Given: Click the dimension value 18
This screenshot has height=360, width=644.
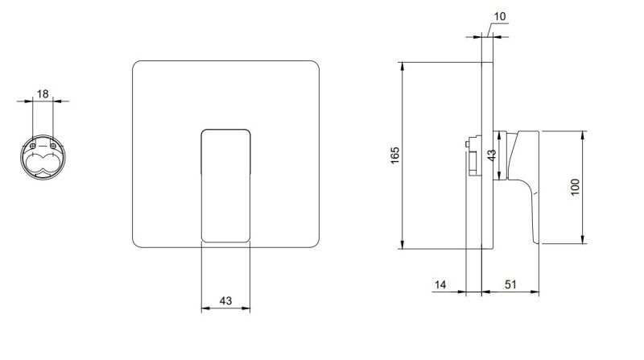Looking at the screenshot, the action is point(43,94).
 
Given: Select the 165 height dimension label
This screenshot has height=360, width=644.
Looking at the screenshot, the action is point(394,155).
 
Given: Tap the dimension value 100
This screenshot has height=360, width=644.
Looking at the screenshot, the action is point(575,187).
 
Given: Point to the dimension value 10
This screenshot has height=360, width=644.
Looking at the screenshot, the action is point(500,16).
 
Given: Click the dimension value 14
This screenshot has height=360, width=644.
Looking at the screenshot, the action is point(440,284).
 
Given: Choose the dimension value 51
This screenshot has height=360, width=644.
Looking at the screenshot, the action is point(510,284).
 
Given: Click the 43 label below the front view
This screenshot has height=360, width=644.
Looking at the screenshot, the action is point(225,301).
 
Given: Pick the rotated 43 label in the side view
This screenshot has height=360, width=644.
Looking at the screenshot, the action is point(492,155).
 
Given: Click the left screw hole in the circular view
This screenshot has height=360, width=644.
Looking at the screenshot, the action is point(33,146).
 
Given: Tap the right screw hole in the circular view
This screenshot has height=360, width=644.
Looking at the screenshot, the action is point(53,146).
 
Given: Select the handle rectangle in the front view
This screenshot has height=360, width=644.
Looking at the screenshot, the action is point(225,186).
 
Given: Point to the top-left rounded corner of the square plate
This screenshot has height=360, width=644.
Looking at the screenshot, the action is point(135,64).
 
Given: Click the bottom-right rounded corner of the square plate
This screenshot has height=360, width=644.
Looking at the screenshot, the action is point(316,245).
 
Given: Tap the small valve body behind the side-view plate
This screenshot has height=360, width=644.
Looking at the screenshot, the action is point(474,156).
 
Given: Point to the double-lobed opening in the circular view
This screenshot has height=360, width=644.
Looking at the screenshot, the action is point(40,163).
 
